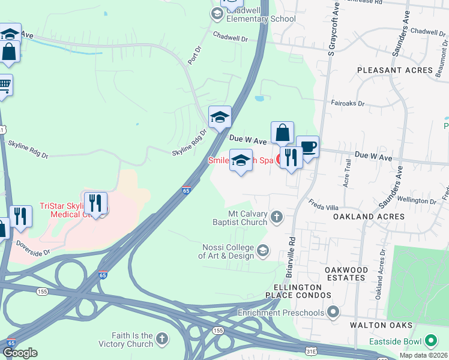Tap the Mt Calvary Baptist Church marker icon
tap(276, 216)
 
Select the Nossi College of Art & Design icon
tap(262, 250)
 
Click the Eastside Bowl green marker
tap(430, 341)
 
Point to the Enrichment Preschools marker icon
tap(334, 312)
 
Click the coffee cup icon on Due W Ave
tap(307, 147)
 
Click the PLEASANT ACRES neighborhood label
tap(394, 70)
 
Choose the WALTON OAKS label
tap(382, 325)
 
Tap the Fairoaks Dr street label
tap(348, 103)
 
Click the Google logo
tap(20, 353)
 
